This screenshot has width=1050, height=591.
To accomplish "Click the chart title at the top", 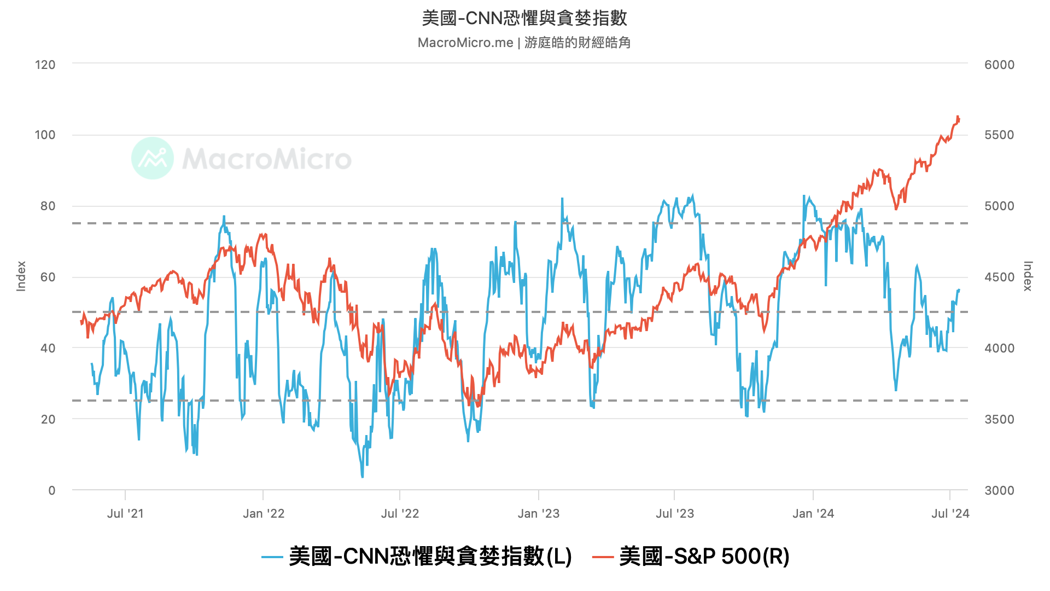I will [x=524, y=18].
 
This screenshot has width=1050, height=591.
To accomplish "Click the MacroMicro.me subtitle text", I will [x=524, y=43].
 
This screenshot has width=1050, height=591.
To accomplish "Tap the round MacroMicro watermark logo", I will [x=153, y=158].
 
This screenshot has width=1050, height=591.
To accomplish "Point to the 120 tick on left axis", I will [x=45, y=65].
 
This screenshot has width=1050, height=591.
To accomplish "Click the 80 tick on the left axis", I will [x=48, y=206].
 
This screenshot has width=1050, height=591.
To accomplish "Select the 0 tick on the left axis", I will [x=52, y=490].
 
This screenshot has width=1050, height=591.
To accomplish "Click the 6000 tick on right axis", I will [x=999, y=65].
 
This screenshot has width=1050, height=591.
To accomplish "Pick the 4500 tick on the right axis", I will [x=999, y=277].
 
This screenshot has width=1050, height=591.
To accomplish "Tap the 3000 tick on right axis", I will [x=999, y=490].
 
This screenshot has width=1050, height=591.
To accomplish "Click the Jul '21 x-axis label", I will [x=125, y=513].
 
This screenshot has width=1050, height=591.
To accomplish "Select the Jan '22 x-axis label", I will [x=264, y=513].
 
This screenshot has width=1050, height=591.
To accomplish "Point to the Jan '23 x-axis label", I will [x=539, y=513].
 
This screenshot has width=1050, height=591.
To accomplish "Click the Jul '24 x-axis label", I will [x=950, y=513].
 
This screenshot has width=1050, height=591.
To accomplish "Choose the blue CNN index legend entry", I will [x=417, y=557].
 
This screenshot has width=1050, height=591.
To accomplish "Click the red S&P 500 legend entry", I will [x=691, y=557].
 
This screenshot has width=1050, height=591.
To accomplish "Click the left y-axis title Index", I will [x=21, y=276].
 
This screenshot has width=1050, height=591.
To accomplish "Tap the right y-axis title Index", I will [x=1028, y=276].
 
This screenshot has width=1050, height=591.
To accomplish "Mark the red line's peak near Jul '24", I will [x=958, y=116].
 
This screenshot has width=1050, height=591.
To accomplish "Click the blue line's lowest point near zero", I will [x=362, y=477].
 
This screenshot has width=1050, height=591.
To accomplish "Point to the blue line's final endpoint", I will [x=959, y=289].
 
